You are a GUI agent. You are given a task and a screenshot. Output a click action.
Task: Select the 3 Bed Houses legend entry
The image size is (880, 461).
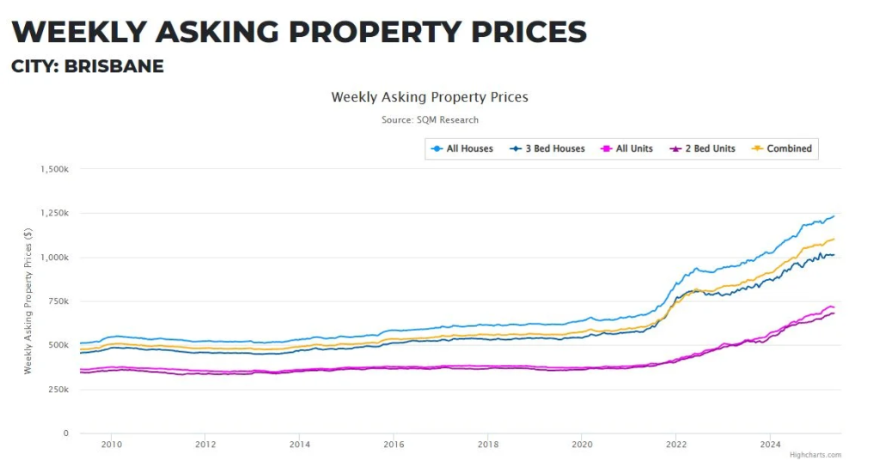click(553, 149)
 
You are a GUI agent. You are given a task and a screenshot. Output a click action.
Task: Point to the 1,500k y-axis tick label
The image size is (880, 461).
click(54, 169)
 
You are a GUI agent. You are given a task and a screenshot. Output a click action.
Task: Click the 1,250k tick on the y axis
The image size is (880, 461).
click(54, 213)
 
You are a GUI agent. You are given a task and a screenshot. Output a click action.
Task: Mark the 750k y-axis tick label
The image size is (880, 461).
click(58, 301)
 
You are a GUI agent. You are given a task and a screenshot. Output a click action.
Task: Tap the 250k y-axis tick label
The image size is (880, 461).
click(58, 390)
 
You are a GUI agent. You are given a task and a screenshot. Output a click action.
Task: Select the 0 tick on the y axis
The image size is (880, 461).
click(65, 434)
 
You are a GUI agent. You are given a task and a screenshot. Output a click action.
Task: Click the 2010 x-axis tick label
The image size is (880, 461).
click(112, 445)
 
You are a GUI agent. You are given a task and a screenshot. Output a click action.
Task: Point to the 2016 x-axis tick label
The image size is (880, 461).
click(394, 445)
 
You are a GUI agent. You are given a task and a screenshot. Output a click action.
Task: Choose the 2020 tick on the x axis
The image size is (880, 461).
click(582, 445)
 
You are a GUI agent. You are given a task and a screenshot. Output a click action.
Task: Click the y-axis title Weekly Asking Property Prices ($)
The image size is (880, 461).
click(27, 300)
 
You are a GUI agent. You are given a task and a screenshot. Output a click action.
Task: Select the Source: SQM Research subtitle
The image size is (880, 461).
click(430, 120)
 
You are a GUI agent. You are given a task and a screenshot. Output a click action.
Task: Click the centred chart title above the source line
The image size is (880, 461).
click(430, 97)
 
